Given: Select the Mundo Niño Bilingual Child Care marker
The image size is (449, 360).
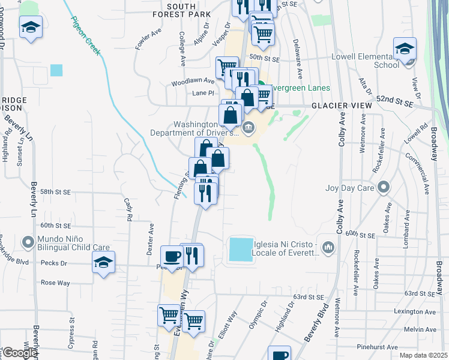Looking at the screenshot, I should tap(27, 243).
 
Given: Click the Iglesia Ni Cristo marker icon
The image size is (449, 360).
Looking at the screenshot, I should tap(328, 247).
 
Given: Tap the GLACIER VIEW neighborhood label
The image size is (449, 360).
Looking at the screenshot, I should tap(342, 106).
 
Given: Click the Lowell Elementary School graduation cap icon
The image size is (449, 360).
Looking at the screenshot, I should tap(405, 47).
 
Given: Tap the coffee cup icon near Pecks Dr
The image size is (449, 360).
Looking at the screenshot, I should tap(172, 256).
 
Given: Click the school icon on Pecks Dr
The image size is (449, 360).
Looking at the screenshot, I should tap(104, 262).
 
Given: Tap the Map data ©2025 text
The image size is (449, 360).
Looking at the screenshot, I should tap(424, 355).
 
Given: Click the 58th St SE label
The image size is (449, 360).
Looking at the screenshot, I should tap(56, 191).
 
